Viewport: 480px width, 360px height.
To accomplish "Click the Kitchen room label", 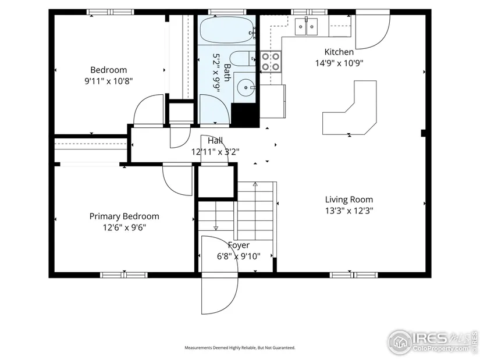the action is [x=339, y=52].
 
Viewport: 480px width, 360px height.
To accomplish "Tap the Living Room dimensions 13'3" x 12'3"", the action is [x=349, y=211].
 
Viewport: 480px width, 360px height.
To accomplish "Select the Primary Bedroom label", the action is [x=125, y=216].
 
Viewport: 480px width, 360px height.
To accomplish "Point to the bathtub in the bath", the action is [x=227, y=30].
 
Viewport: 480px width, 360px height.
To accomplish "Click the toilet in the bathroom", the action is [x=243, y=59].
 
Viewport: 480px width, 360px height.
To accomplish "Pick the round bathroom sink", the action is [x=246, y=87].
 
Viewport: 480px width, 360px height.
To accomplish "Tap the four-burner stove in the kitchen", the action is [x=271, y=62].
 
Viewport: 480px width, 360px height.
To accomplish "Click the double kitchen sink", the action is [x=306, y=27].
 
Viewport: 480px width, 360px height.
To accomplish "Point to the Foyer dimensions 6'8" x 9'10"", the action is [x=239, y=256].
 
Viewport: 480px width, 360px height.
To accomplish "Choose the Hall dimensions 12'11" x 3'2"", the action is [x=215, y=152].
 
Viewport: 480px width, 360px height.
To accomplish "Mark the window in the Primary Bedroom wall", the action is [x=124, y=275].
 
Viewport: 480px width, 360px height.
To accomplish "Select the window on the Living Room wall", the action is [x=354, y=275].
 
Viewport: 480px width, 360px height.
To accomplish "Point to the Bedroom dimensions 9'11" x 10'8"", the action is [x=109, y=81].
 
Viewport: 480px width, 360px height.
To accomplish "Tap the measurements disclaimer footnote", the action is [x=240, y=348].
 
